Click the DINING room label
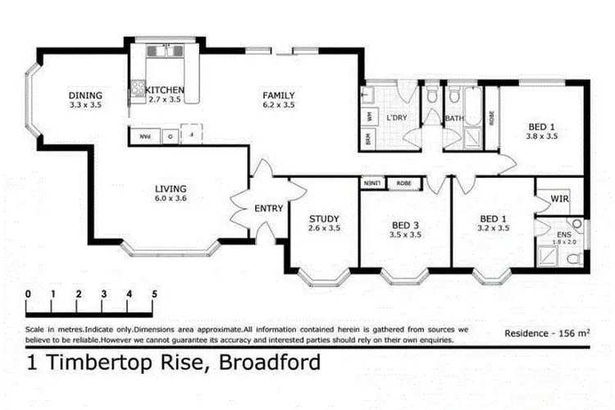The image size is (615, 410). (85, 95)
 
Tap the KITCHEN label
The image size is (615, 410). (165, 89)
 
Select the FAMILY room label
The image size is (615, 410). (278, 95)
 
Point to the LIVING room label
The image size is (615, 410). (171, 188)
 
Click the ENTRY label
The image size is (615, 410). (268, 208)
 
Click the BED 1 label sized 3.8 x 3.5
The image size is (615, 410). (542, 125)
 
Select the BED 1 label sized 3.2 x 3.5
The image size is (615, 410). (494, 218)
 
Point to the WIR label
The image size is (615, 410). (560, 199)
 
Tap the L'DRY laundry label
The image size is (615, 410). (397, 118)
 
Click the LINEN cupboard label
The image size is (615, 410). (371, 184)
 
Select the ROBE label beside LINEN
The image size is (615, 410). (403, 184)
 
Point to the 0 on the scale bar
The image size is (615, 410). (28, 293)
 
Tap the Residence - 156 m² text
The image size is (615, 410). (547, 333)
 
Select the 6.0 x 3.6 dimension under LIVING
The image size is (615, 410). (171, 198)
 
